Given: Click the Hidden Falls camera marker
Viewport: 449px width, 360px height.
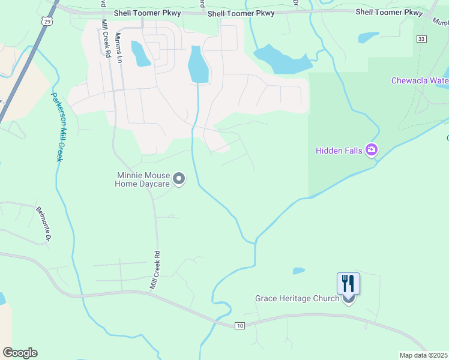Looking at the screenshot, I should click(372, 149).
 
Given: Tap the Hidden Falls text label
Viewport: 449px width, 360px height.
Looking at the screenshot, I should click(339, 151).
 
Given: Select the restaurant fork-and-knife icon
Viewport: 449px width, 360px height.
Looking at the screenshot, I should click(348, 283).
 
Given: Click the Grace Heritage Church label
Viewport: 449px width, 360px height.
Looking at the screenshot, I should click(297, 298).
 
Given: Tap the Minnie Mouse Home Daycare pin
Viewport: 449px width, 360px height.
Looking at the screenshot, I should click(179, 178).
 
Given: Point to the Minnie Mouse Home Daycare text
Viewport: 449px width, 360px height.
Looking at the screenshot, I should click(143, 180).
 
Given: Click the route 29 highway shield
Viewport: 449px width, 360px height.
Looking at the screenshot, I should click(46, 20).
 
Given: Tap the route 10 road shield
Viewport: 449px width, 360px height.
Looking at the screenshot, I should click(240, 325).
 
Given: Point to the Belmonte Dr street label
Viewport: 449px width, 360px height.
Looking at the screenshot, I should click(44, 224).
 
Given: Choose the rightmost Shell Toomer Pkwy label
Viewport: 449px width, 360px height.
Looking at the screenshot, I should click(389, 12).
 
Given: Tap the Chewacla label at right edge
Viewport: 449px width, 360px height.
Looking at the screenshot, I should click(420, 80).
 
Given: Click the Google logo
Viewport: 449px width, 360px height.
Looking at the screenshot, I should click(20, 353).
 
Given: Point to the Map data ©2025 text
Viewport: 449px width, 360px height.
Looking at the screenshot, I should click(423, 355).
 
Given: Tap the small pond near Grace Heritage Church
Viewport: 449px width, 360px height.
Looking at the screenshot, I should click(298, 271).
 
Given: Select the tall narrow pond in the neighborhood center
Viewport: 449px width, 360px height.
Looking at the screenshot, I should click(198, 65).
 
